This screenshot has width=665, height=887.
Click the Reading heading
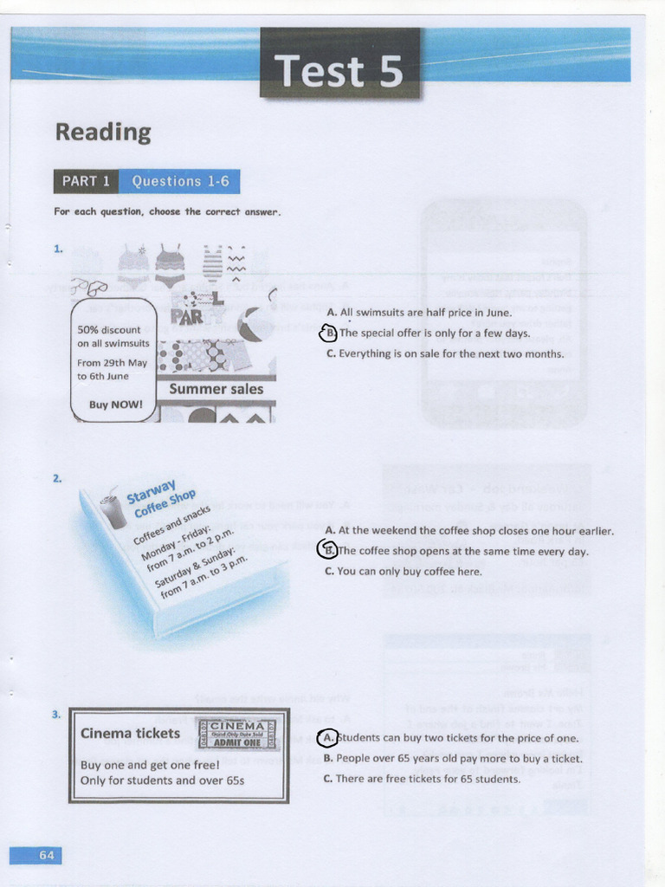point(103,132)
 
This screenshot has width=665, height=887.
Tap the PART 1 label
point(86,181)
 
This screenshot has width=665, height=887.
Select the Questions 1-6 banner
point(178,181)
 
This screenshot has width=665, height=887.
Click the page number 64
point(46,855)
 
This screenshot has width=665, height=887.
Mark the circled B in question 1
point(328,333)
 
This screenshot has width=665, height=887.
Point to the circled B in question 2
point(327,550)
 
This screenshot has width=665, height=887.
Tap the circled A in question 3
point(327,738)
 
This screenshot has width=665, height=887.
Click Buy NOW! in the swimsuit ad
point(115,405)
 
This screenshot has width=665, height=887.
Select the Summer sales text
point(216,389)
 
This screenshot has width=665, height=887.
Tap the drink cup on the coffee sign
point(113,511)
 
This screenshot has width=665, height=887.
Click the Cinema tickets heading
point(130,733)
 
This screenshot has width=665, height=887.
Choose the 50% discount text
point(109,330)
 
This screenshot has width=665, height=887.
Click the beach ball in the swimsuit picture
point(252,324)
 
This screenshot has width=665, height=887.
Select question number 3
point(56,715)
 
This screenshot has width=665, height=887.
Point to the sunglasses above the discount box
point(89,287)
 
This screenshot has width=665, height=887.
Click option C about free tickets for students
point(422,779)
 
